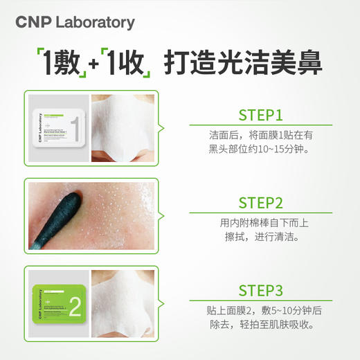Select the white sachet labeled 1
pyautogui.click(x=60, y=126)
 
